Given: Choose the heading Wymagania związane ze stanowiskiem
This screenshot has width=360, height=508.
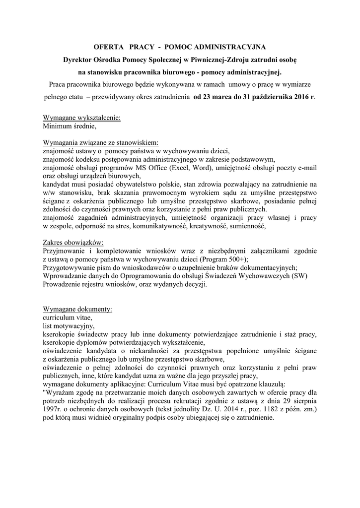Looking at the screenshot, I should click(101, 141).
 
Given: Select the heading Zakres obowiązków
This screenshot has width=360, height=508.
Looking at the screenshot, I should click(73, 243).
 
